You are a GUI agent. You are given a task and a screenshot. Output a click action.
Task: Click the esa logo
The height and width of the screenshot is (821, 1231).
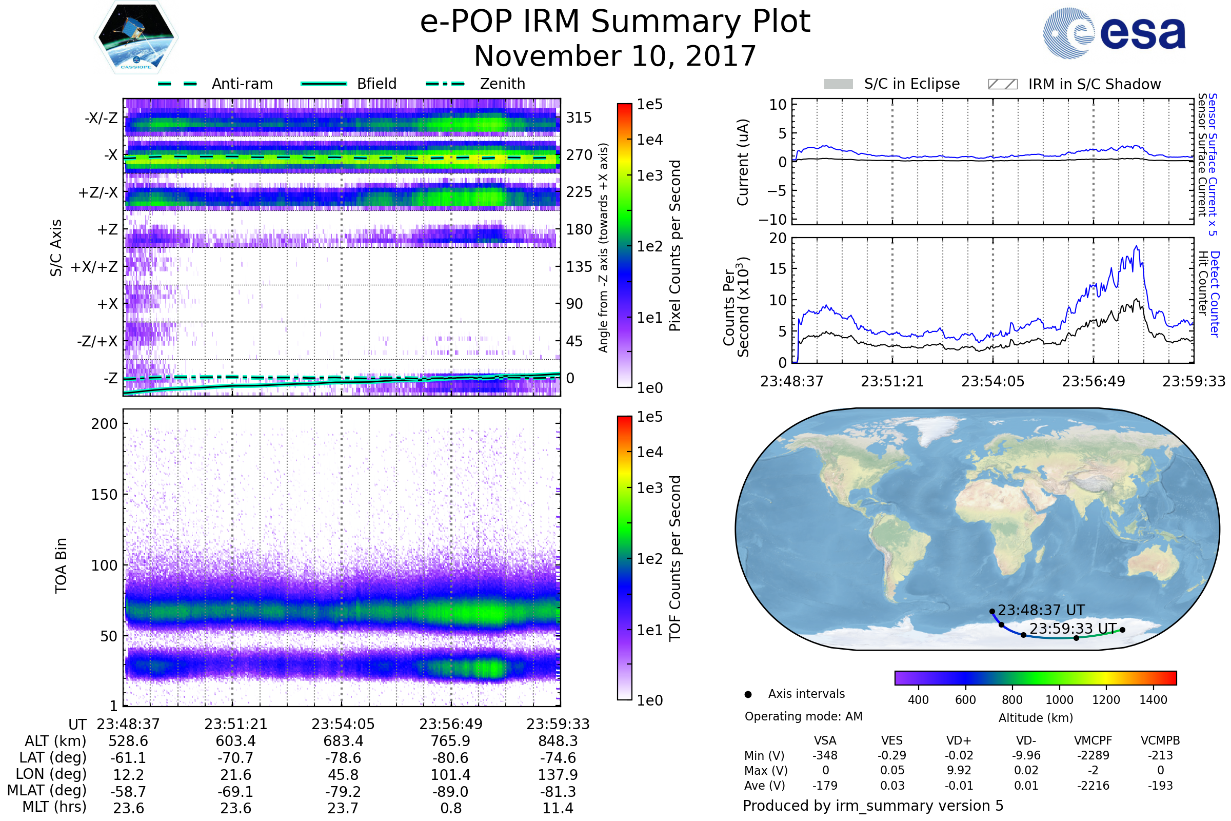pyautogui.click(x=1114, y=33)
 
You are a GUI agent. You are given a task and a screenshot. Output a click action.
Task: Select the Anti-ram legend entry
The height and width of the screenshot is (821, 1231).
pyautogui.click(x=215, y=84)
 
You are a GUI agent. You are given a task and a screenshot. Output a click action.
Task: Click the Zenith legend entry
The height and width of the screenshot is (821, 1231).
pyautogui.click(x=475, y=84)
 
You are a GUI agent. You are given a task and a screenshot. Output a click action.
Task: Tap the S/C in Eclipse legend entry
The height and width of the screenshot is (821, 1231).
pyautogui.click(x=892, y=84)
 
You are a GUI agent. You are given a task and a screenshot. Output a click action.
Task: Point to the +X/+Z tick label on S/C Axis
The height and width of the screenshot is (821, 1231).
pyautogui.click(x=94, y=267)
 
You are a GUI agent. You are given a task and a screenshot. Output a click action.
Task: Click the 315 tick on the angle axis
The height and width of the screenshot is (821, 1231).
pyautogui.click(x=579, y=118)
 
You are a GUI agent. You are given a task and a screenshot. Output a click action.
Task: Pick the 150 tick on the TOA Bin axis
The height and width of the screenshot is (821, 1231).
pyautogui.click(x=104, y=495)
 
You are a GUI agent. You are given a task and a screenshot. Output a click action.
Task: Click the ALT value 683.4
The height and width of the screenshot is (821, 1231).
pyautogui.click(x=343, y=741)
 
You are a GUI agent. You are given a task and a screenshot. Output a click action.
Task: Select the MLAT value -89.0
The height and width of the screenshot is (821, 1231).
pyautogui.click(x=451, y=792)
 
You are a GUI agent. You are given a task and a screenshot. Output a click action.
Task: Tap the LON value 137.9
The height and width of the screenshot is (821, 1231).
pyautogui.click(x=558, y=775)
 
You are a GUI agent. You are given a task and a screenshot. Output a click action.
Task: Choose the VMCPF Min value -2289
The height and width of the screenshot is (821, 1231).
pyautogui.click(x=1093, y=755)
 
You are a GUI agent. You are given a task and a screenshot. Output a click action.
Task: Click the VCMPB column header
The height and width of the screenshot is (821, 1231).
pyautogui.click(x=1160, y=741)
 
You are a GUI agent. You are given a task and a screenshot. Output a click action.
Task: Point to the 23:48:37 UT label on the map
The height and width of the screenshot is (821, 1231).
pyautogui.click(x=1042, y=611)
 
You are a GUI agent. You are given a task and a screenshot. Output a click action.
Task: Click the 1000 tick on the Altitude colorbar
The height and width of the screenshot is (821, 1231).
pyautogui.click(x=1059, y=700)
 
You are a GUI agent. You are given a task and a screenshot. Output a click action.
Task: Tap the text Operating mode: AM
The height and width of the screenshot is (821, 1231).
pyautogui.click(x=803, y=716)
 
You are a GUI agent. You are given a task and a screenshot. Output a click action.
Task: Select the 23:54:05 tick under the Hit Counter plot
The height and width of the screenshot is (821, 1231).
pyautogui.click(x=993, y=381)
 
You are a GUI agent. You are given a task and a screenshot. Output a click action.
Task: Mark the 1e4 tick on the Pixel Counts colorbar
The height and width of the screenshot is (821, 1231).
pyautogui.click(x=649, y=140)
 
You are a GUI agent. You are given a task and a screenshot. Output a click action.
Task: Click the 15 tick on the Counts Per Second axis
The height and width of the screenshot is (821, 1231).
pyautogui.click(x=778, y=269)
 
